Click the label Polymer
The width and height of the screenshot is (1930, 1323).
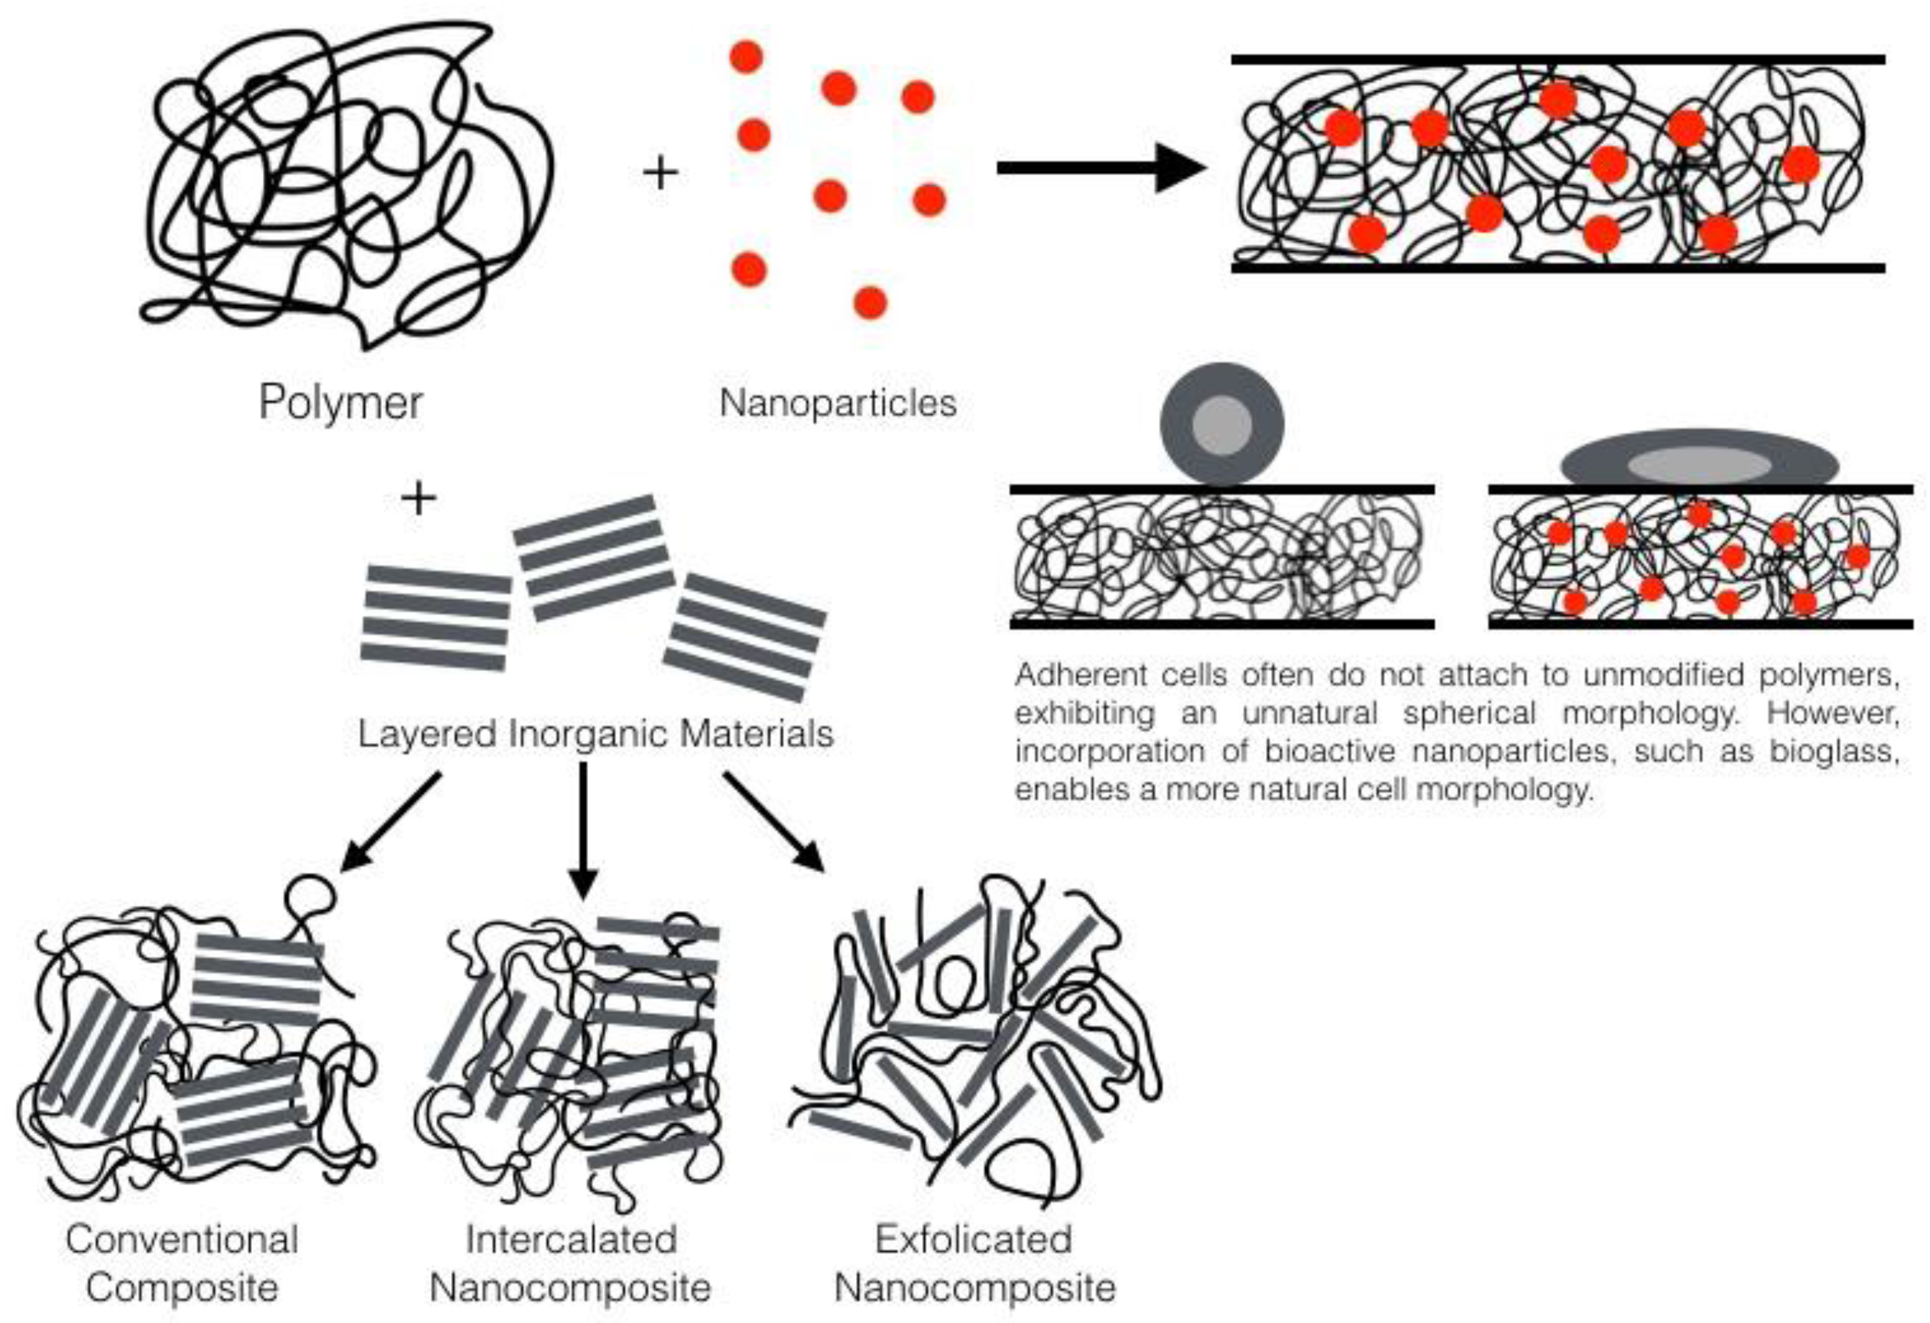341,403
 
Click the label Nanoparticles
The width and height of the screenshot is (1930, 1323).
837,403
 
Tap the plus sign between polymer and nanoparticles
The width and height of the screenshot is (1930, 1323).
661,173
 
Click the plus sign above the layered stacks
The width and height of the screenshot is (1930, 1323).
419,498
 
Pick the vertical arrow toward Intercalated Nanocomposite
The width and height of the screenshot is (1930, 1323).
583,830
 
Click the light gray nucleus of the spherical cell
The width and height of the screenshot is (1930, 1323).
1221,425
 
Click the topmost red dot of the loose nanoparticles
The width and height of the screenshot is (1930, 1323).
746,57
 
